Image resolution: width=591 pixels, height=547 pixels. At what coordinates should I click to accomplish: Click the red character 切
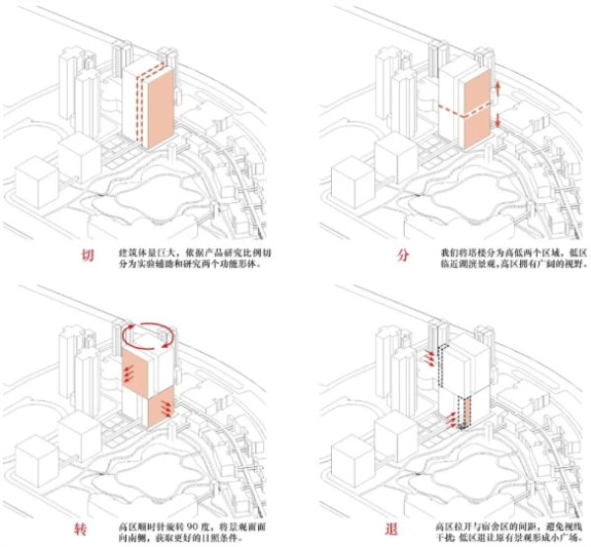click(x=89, y=258)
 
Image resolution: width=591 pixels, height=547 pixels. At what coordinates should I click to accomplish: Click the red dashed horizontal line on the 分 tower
click(x=463, y=109)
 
